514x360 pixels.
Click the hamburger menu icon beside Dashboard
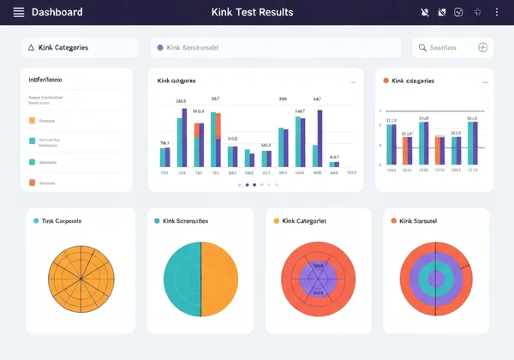point(19,13)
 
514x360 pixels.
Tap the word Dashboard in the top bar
point(57,13)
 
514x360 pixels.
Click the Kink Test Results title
point(252,13)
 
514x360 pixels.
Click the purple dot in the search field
point(160,48)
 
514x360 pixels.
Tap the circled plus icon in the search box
point(482,48)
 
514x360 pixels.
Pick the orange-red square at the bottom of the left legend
point(33,183)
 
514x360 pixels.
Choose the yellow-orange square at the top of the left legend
point(33,121)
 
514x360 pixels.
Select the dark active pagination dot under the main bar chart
point(248,184)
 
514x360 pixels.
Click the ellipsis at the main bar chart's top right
point(352,82)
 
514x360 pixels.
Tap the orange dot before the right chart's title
point(385,81)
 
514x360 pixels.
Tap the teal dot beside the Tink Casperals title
point(35,221)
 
